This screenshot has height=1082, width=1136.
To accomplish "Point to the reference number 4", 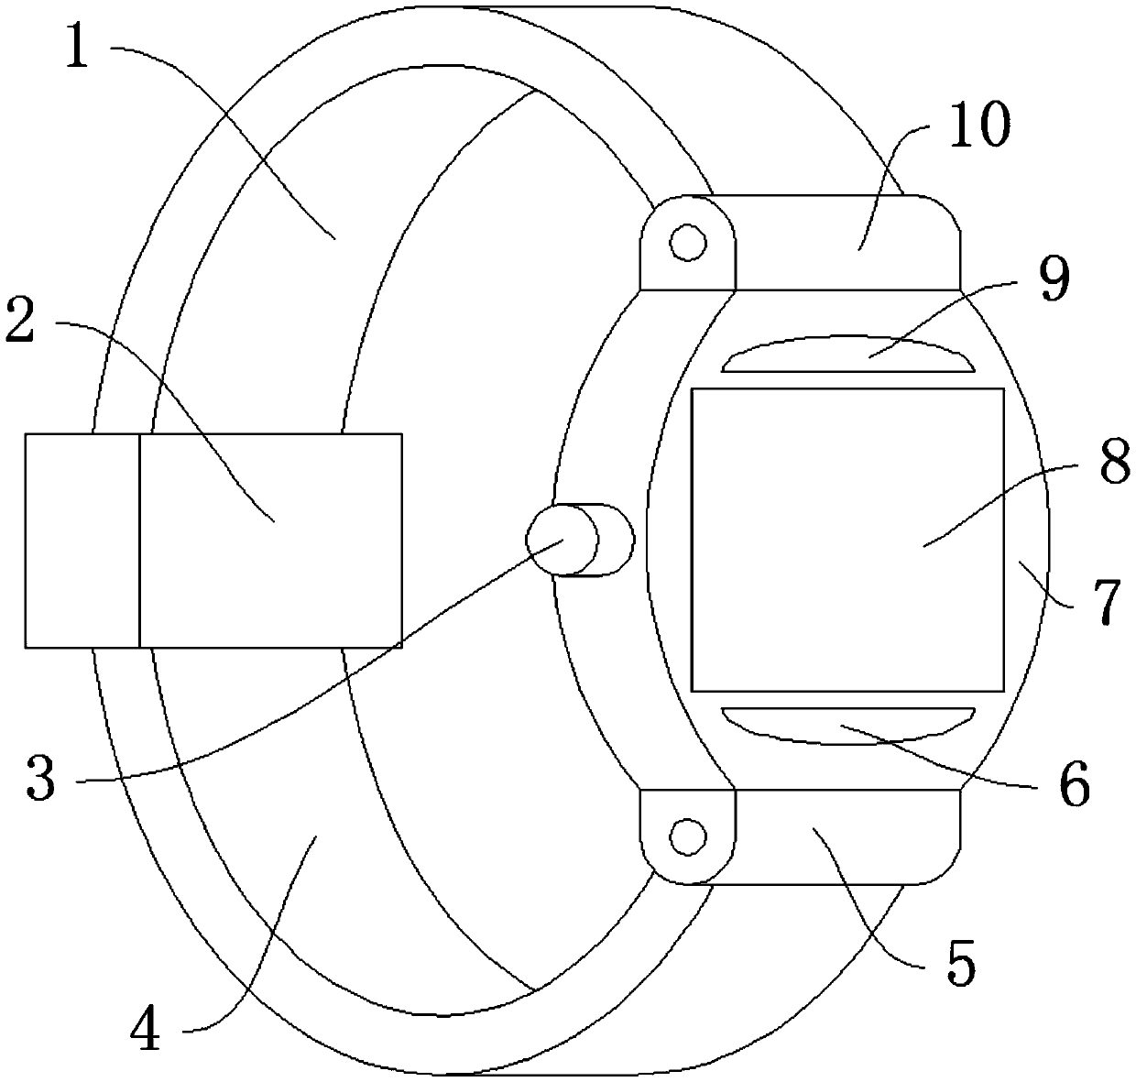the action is click(144, 1032).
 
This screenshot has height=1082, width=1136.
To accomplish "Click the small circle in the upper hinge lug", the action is click(687, 244).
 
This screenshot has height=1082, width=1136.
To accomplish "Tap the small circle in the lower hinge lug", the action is click(687, 836).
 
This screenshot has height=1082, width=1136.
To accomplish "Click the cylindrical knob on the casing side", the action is click(579, 540).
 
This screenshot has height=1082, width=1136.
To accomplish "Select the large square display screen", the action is click(847, 540).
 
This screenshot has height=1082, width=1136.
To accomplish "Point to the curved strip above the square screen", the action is click(847, 356).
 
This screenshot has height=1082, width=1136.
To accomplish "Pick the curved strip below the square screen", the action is click(847, 724).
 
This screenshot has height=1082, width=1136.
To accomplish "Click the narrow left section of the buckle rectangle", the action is click(82, 541).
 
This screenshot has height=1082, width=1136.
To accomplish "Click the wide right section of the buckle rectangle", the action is click(270, 541).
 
